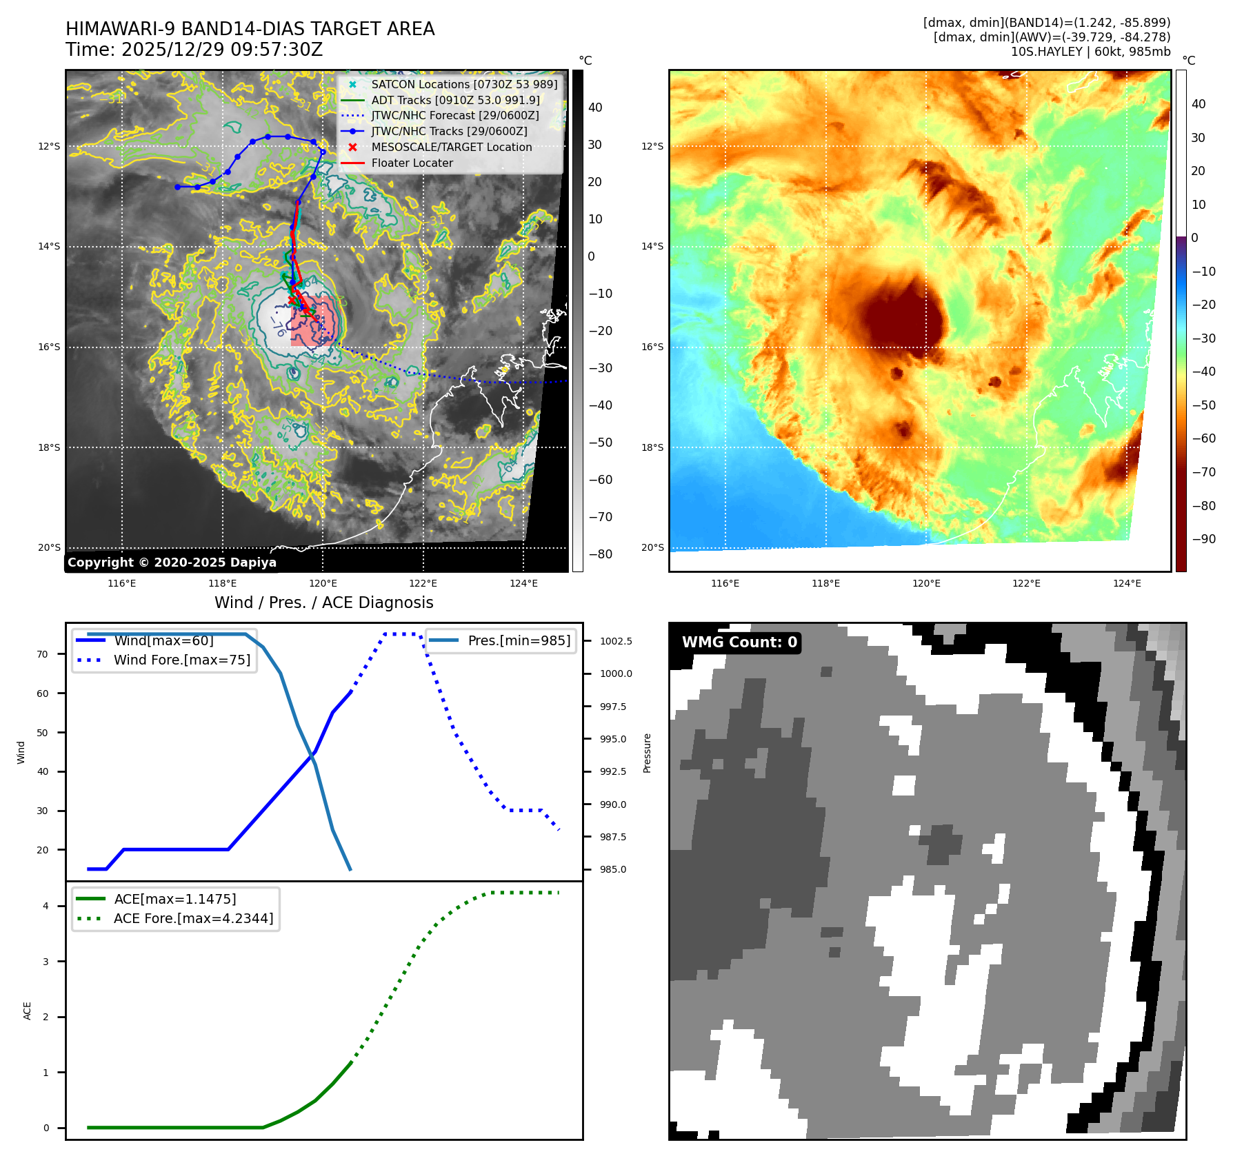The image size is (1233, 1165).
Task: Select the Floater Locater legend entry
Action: point(412,163)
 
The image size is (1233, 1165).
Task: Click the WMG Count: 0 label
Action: point(739,642)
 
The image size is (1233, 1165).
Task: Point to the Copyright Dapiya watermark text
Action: point(172,563)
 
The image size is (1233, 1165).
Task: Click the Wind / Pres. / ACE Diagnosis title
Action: point(323,602)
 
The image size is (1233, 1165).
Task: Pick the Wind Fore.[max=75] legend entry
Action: point(181,660)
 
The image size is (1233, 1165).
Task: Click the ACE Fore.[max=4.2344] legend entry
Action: point(193,918)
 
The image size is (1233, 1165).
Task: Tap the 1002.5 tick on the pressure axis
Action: point(615,641)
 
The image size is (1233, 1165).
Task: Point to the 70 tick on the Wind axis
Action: point(43,654)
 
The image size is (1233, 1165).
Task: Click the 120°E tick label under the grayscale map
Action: point(323,583)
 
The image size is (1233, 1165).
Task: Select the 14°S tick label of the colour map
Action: point(652,246)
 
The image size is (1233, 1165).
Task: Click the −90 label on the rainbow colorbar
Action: point(1204,539)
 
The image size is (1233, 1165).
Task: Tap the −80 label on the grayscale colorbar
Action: point(600,554)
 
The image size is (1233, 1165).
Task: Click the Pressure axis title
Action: point(647,753)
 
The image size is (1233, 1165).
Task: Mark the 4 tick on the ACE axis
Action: point(46,906)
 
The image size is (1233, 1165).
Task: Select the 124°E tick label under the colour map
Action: point(1127,583)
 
